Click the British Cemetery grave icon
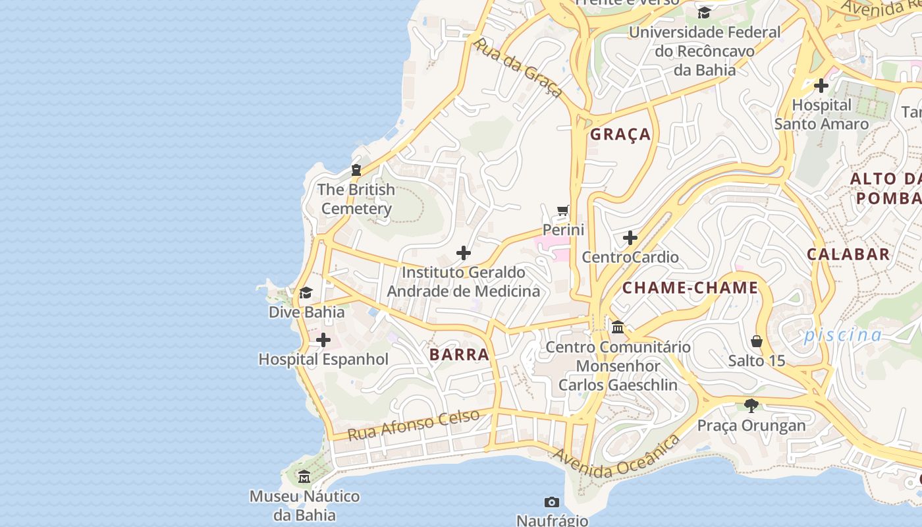[356, 170]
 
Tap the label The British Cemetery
[356, 199]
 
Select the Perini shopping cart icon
[562, 211]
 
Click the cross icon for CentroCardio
[630, 237]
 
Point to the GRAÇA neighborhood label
[620, 134]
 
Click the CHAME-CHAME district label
[690, 288]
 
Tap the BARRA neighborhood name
[459, 354]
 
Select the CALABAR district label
[848, 254]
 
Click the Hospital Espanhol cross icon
[323, 340]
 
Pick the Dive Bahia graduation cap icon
[306, 292]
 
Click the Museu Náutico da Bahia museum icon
[304, 477]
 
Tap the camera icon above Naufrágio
[552, 503]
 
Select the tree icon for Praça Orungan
[751, 405]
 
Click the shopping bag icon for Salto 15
[757, 341]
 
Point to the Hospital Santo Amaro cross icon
[821, 86]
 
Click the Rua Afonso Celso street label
[414, 425]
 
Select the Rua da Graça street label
[518, 67]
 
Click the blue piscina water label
[842, 335]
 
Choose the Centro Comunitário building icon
[618, 327]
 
